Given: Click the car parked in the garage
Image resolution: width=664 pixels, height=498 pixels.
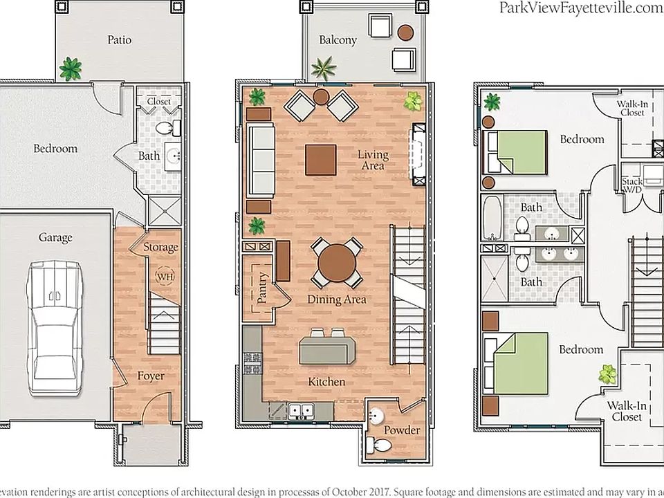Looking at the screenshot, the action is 55,328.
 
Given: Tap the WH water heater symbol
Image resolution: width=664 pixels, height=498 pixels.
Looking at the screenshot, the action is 165,277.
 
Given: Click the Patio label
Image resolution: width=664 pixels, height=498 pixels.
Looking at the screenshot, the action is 120,40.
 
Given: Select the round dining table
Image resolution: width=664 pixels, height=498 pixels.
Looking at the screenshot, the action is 337,263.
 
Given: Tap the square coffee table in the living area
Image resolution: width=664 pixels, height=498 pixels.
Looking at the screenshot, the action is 320,160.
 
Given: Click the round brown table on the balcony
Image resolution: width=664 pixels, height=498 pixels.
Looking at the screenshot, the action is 405,33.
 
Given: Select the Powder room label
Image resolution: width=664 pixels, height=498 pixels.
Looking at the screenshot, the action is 402,430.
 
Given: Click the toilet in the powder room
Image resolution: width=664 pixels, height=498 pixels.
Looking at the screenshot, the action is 380,445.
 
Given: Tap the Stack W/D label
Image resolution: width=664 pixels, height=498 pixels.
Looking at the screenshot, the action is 631,185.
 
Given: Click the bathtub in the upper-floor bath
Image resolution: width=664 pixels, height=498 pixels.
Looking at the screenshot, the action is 492,218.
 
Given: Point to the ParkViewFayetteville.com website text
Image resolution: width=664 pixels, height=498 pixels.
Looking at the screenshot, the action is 581,8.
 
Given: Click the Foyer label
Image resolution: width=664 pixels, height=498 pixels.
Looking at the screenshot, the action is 151,376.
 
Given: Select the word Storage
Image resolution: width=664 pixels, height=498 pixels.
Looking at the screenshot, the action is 160,248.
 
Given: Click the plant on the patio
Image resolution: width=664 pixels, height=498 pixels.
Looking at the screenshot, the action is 71,69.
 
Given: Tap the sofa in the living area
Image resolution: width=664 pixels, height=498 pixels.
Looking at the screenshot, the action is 261,160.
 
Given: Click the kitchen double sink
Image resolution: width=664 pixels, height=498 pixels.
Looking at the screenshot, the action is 301,410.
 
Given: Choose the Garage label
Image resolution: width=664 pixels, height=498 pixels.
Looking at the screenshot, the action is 55,238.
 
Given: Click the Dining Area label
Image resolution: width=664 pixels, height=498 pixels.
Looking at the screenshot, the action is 337,299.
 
